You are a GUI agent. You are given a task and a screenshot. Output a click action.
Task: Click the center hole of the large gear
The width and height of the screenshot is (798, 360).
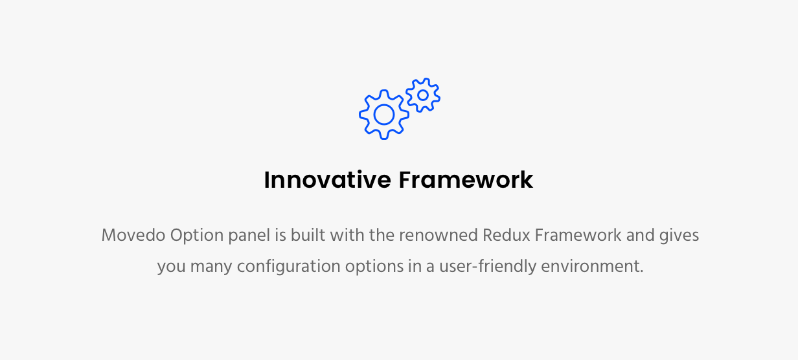tap(383, 115)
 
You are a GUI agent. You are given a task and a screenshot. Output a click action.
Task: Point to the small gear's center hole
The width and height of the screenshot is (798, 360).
tap(423, 95)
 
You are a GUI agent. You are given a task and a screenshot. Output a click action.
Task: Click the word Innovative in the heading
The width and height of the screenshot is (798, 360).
tap(327, 180)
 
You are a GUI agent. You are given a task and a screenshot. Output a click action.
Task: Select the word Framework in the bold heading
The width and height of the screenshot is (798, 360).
tap(466, 180)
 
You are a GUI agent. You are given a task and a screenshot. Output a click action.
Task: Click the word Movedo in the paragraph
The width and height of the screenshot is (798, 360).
tap(133, 236)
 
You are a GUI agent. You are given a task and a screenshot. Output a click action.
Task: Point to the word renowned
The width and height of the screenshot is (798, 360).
tap(438, 236)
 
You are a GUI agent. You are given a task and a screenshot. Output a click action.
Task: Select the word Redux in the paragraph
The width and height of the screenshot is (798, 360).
tap(507, 236)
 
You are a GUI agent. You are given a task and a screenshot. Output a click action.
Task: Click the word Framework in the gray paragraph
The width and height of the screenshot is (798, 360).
tap(578, 236)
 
